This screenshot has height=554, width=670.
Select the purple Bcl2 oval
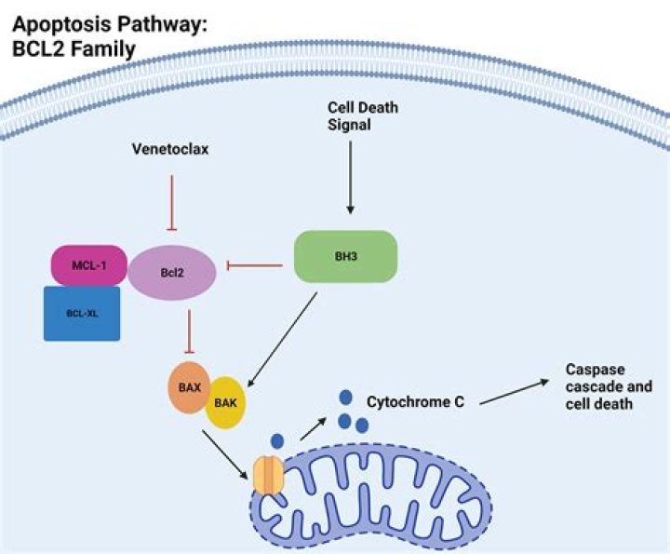coord(172,273)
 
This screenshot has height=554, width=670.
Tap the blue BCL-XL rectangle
coord(81,313)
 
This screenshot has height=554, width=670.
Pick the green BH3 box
coord(346,256)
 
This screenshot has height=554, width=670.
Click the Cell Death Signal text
coord(362,116)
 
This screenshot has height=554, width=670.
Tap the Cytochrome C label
coord(415,402)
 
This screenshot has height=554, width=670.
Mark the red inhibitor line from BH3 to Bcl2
coord(254,266)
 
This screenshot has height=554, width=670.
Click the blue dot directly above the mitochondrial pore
coord(277,439)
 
